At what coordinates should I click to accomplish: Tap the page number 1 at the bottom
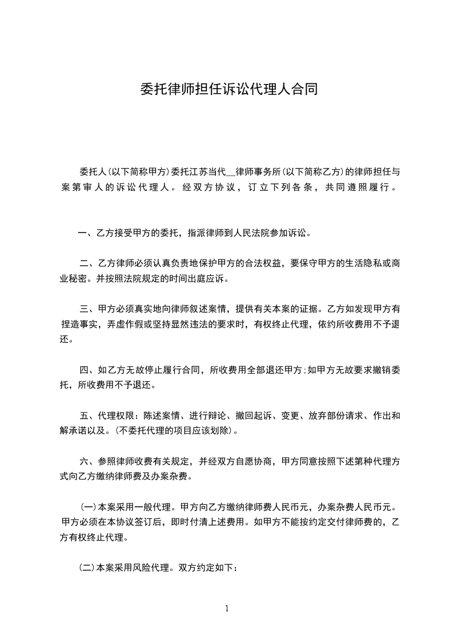[x=227, y=608]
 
